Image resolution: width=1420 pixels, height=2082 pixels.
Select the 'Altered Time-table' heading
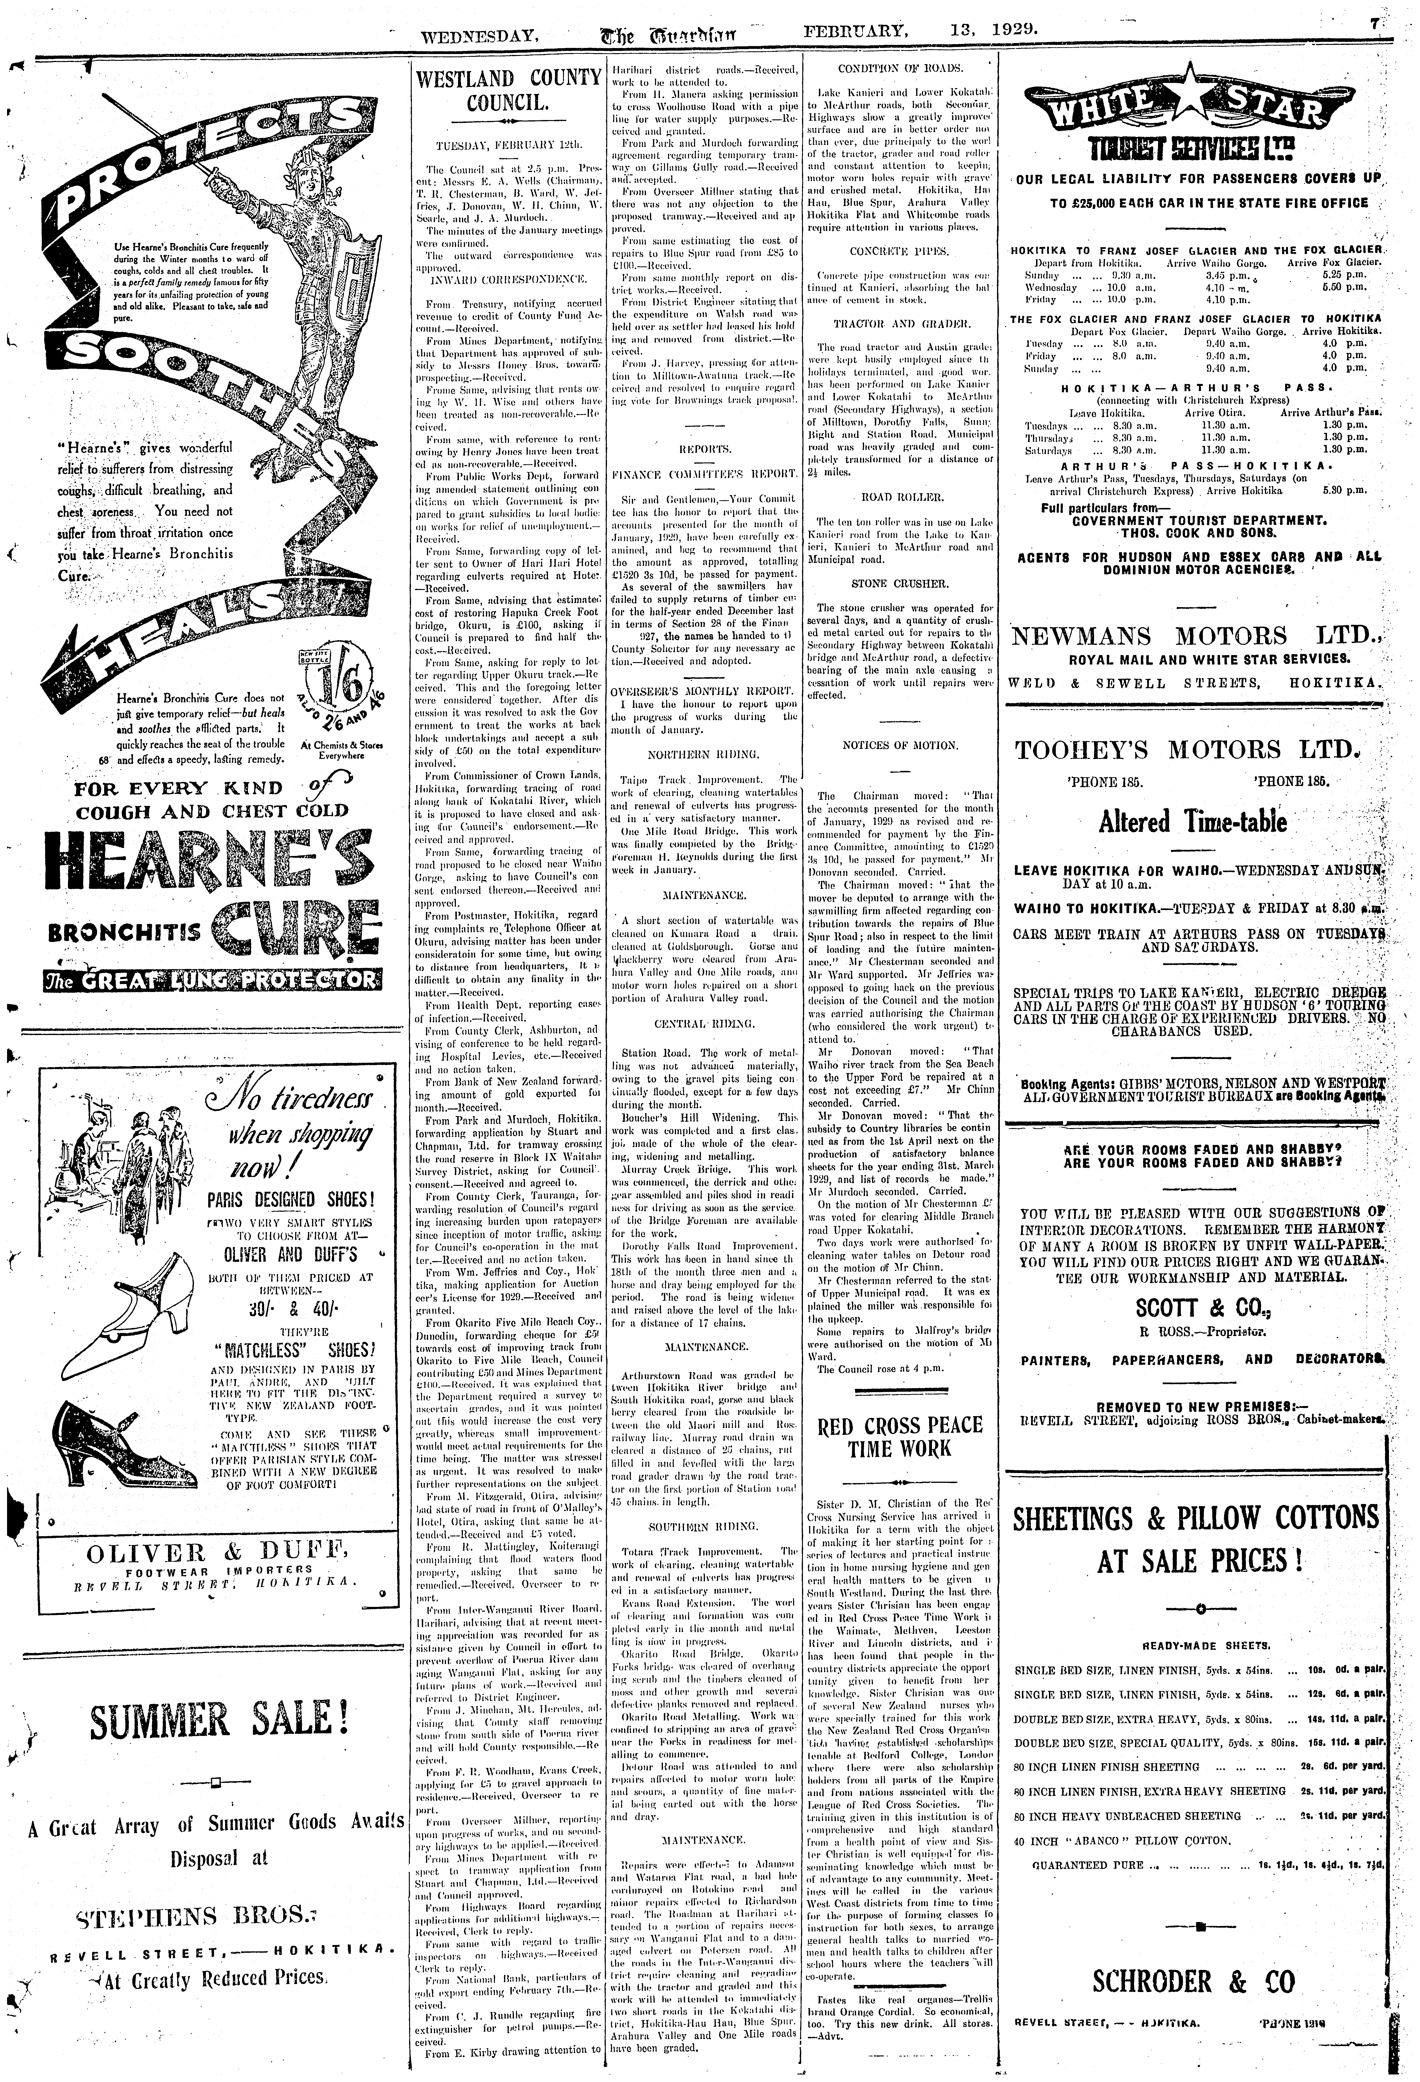(x=1200, y=822)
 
